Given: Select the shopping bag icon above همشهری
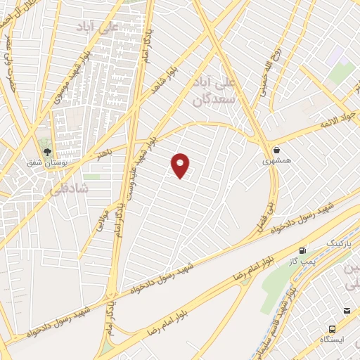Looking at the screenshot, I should click(x=277, y=150).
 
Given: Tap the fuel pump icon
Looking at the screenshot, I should click(x=303, y=250).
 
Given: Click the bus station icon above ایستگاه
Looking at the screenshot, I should click(x=332, y=328).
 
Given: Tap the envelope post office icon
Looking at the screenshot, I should click(x=347, y=311).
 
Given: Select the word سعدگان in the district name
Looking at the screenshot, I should click(x=213, y=101).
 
